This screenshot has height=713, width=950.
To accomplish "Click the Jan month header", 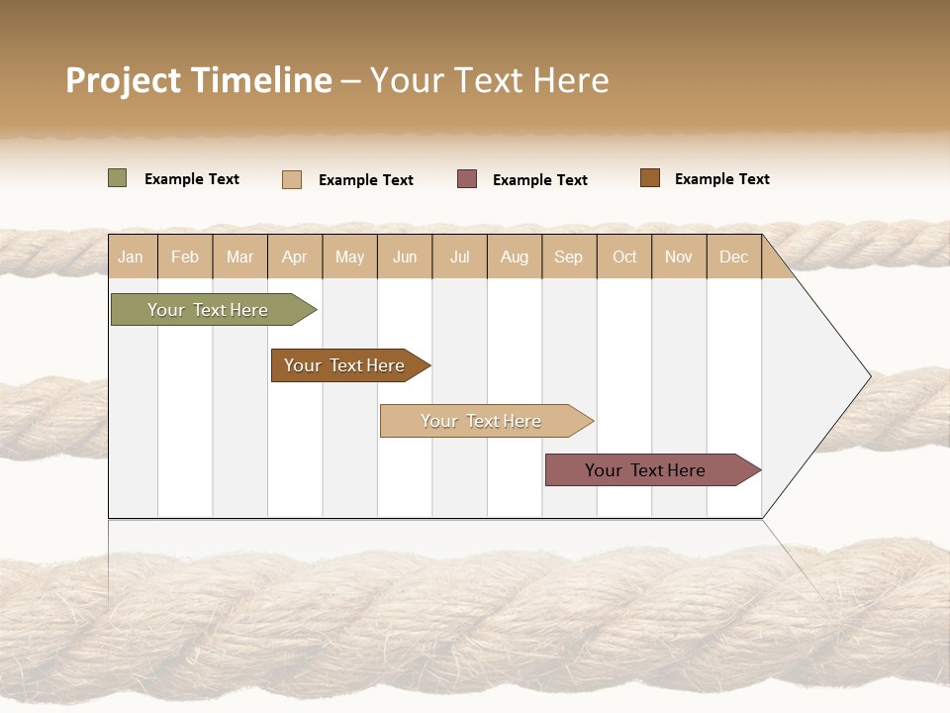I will [x=131, y=256].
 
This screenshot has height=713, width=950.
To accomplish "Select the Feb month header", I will [x=185, y=256].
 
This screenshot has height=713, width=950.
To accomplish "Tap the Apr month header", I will [x=294, y=256].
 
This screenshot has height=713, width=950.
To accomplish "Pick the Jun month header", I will [x=405, y=256].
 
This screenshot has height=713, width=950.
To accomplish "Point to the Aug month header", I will [x=515, y=256].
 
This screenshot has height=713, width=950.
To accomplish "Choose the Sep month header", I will [x=568, y=256].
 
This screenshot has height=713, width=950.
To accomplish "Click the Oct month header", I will [x=624, y=256].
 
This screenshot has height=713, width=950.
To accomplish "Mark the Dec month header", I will [x=733, y=256].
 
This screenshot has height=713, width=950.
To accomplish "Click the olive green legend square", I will [x=118, y=178].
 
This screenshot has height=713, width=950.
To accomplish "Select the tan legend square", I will [x=292, y=179].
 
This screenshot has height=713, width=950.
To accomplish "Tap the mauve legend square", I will [x=467, y=179].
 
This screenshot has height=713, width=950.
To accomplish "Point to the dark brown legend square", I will [x=650, y=178].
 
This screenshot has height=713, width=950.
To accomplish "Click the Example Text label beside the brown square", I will [x=721, y=179].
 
